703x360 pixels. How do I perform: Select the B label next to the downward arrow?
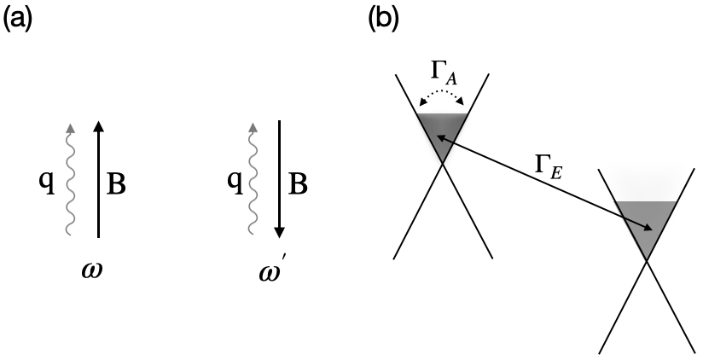299,183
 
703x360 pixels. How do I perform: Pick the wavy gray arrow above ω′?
253,179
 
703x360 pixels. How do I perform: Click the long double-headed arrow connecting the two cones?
546,183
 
